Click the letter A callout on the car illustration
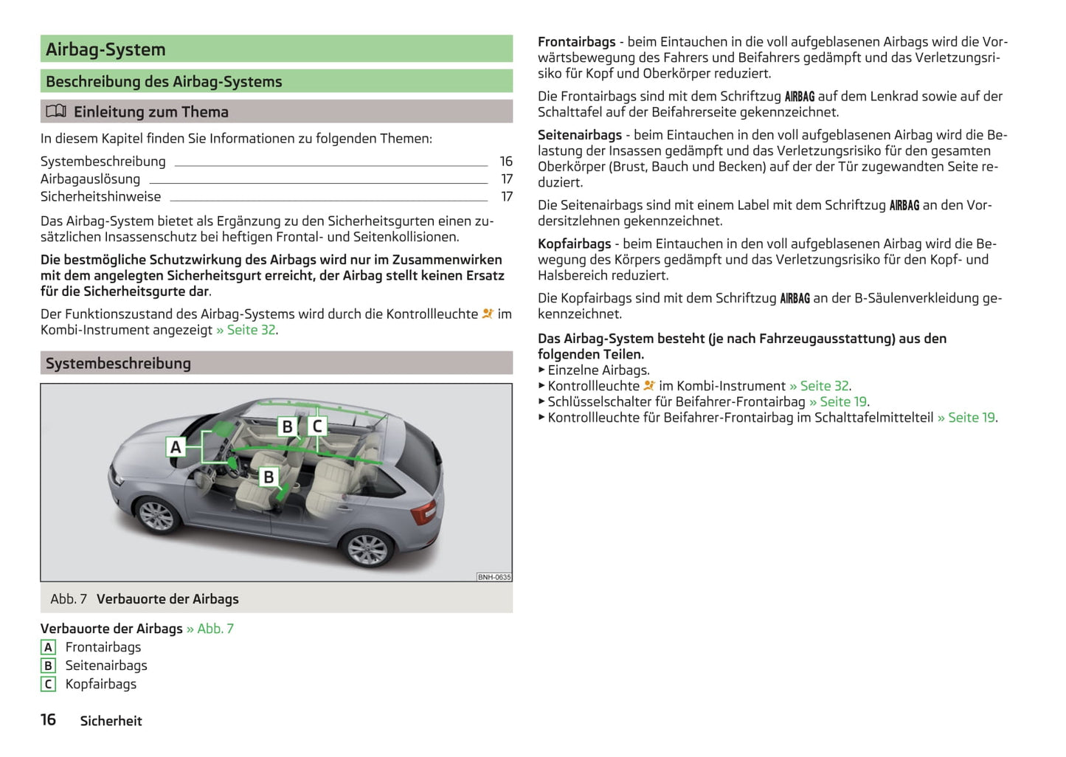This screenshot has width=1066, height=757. [x=176, y=447]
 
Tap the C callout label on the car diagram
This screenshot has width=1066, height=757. [x=317, y=426]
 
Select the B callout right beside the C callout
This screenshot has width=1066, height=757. [x=287, y=426]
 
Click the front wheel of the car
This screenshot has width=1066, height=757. [x=156, y=514]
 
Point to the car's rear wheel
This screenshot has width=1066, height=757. [x=367, y=548]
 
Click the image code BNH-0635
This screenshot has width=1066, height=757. [x=494, y=577]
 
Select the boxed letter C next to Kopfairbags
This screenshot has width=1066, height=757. [x=48, y=684]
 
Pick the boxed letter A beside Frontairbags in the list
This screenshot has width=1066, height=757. [x=48, y=647]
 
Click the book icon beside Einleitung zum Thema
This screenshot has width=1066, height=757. [x=56, y=111]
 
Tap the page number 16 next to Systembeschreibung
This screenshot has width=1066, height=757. [x=506, y=161]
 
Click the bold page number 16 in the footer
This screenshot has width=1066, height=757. [x=48, y=719]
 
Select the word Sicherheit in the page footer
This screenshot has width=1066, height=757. [x=111, y=721]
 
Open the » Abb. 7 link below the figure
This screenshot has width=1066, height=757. [x=210, y=629]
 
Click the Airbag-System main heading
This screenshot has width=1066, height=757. [x=105, y=49]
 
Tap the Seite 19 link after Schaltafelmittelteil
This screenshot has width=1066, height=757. [x=967, y=418]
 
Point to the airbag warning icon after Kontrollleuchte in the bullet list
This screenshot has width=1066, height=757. [x=649, y=386]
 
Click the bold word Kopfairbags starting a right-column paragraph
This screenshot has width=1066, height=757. [x=575, y=243]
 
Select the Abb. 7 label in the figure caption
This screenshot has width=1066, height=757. [x=69, y=599]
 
